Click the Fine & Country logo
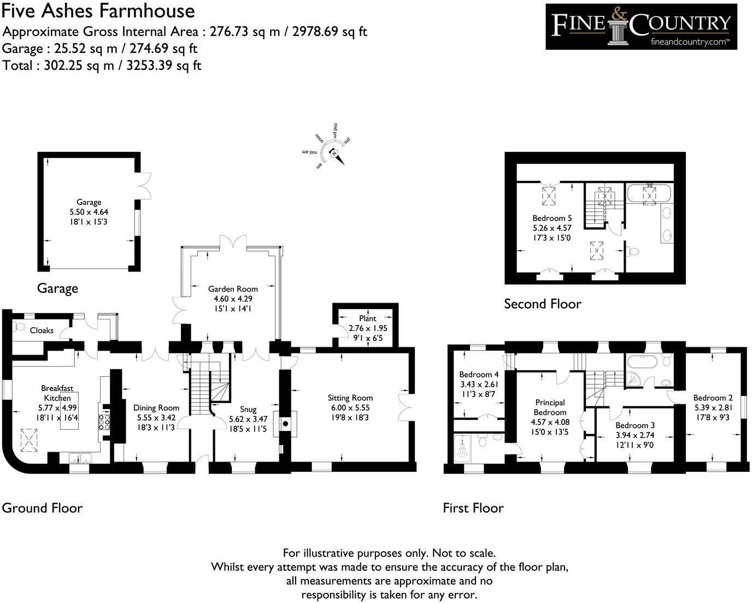[x=641, y=26]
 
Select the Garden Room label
[x=233, y=289]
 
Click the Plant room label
[x=367, y=318]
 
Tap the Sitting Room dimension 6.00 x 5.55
[x=350, y=407]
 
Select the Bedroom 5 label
[x=552, y=218]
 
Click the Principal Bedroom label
[x=550, y=407]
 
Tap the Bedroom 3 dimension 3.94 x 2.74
[x=634, y=435]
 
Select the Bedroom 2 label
[x=713, y=398]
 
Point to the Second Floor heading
[x=542, y=304]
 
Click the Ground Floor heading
[x=42, y=508]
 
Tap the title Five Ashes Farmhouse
[x=98, y=11]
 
